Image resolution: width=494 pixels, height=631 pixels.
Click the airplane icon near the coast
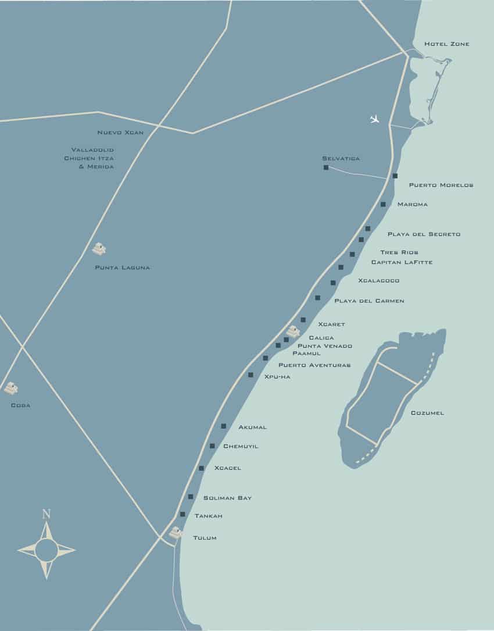tap(375, 119)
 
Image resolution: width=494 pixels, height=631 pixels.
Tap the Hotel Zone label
tap(446, 44)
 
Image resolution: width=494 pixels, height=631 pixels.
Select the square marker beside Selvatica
tap(326, 168)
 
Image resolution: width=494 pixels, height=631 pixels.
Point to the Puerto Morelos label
tap(441, 186)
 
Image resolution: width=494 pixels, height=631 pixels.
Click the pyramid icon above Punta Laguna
tap(99, 249)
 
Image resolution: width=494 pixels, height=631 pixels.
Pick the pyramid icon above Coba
tap(10, 388)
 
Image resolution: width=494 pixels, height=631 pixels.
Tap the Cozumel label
tap(427, 413)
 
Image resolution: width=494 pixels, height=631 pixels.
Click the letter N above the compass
tap(46, 514)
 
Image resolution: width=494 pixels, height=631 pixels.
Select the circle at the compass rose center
tap(46, 550)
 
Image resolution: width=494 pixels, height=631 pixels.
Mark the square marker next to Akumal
tap(224, 426)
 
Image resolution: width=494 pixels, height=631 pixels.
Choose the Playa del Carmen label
tap(369, 301)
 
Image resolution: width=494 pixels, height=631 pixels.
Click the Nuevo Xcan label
tap(120, 133)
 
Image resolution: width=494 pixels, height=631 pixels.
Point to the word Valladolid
tap(92, 150)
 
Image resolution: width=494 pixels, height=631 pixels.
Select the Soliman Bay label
tap(227, 498)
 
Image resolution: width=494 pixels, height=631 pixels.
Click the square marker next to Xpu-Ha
tap(251, 375)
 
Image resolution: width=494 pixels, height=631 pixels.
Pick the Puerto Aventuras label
tap(314, 365)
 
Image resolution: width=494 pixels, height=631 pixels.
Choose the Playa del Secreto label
tap(424, 234)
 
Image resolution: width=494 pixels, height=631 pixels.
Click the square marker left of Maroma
tap(383, 204)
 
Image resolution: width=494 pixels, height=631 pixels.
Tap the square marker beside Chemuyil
tap(212, 446)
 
